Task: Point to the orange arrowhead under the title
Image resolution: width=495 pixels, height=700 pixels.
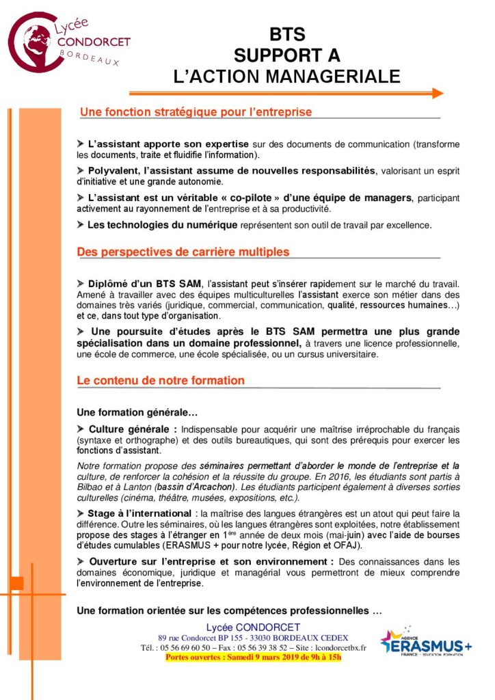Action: (x=438, y=93)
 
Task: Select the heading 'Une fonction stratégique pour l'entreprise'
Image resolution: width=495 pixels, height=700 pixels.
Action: (x=196, y=111)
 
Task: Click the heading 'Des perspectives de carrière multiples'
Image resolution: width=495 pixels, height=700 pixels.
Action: (x=183, y=252)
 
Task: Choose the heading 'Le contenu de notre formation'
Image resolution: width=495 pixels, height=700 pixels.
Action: (x=161, y=380)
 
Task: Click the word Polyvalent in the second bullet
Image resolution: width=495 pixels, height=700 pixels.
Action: (x=113, y=171)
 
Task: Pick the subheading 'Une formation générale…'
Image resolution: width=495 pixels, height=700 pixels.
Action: (x=137, y=413)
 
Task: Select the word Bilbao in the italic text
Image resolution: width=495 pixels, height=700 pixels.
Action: (x=91, y=486)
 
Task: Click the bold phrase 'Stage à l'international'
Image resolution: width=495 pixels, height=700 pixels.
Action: (x=139, y=513)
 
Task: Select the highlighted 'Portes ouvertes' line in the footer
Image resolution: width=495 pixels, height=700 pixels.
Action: (x=253, y=658)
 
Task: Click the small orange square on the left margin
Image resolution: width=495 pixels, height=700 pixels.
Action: (x=16, y=583)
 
